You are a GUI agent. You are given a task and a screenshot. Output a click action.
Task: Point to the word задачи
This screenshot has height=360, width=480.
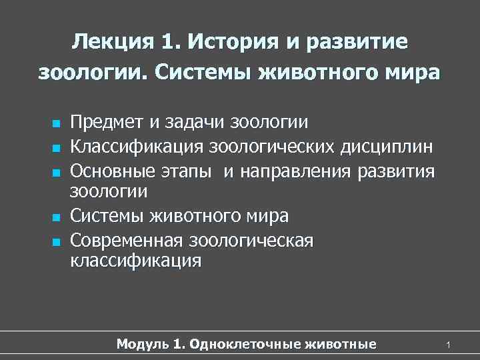coord(190,123)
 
